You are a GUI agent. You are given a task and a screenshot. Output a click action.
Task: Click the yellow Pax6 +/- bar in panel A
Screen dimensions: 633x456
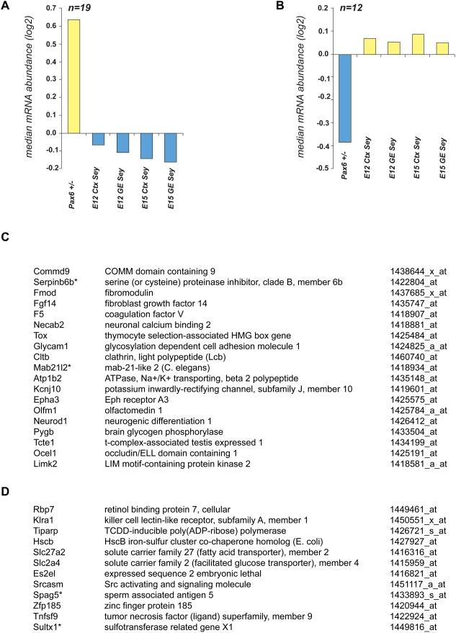pos(74,76)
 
